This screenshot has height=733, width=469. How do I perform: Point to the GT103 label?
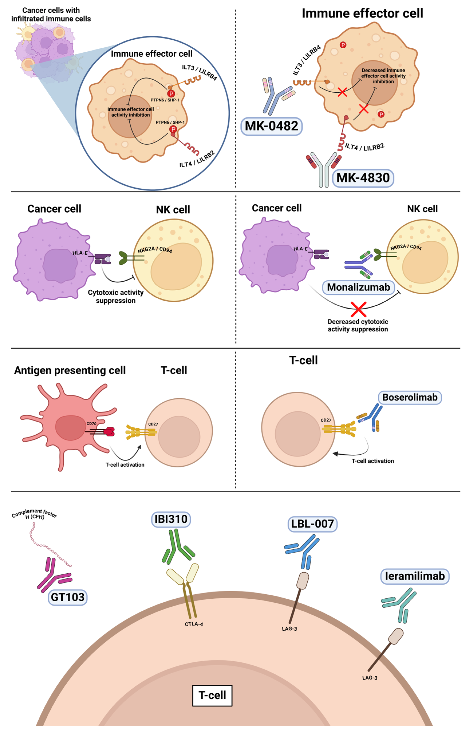pyautogui.click(x=67, y=597)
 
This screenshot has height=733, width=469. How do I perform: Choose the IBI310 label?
pyautogui.click(x=171, y=519)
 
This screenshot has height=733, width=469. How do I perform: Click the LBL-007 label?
pyautogui.click(x=312, y=524)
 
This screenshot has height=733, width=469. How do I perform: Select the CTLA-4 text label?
pyautogui.click(x=194, y=624)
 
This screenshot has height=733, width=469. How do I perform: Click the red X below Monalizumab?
pyautogui.click(x=358, y=309)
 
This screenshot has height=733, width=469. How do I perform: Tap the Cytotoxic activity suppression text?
pyautogui.click(x=116, y=296)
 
